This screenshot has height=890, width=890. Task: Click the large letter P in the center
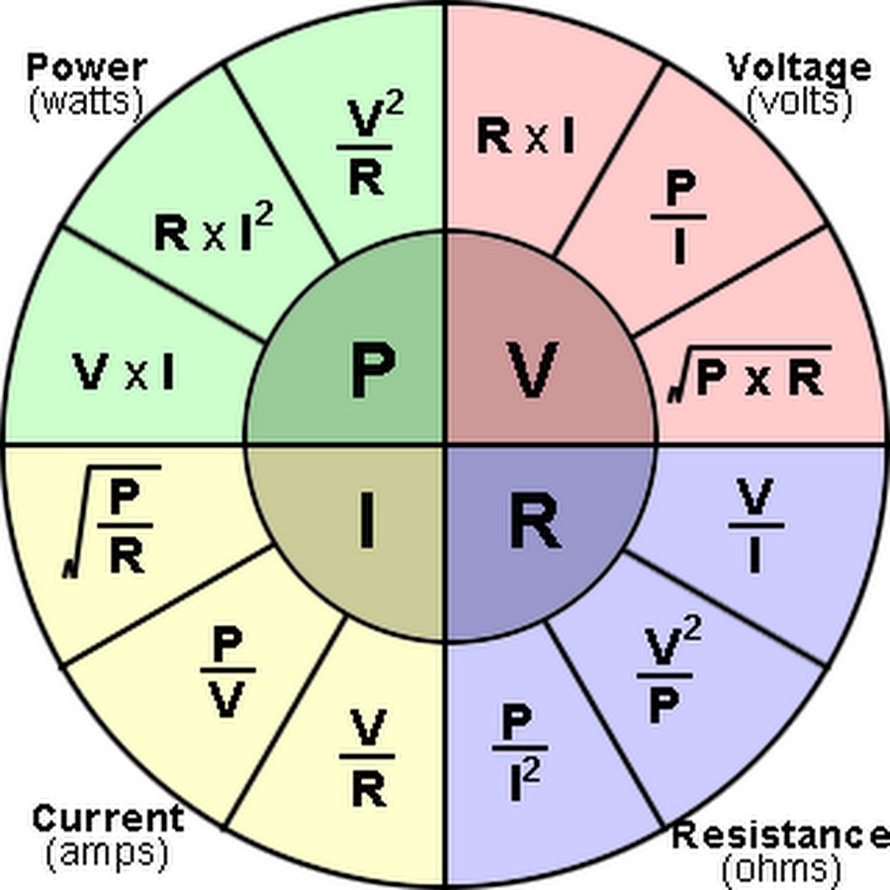(373, 369)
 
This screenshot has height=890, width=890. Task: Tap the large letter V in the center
(534, 369)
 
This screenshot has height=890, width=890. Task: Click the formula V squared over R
(370, 148)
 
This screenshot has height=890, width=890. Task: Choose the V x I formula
(125, 373)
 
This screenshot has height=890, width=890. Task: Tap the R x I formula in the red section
(525, 137)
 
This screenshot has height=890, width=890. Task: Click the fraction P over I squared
(519, 743)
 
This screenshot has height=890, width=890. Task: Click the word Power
(86, 67)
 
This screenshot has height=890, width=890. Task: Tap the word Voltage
(798, 67)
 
